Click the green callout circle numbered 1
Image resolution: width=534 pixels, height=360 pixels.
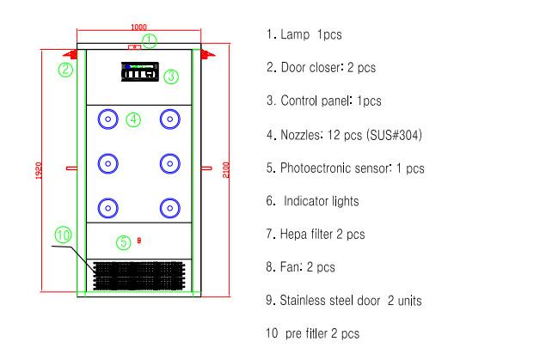pyautogui.click(x=149, y=35)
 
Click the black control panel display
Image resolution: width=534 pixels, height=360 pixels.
pyautogui.click(x=140, y=72)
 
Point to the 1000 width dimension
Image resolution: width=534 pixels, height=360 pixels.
pyautogui.click(x=139, y=27)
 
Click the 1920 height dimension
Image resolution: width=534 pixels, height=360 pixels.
pyautogui.click(x=39, y=170)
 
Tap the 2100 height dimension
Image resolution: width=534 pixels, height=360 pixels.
pyautogui.click(x=226, y=169)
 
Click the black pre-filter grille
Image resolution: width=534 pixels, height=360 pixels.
pyautogui.click(x=139, y=276)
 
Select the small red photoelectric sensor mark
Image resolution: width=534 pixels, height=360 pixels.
pyautogui.click(x=139, y=241)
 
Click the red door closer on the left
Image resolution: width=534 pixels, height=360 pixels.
pyautogui.click(x=71, y=54)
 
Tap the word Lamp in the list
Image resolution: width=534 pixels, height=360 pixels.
pyautogui.click(x=295, y=34)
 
